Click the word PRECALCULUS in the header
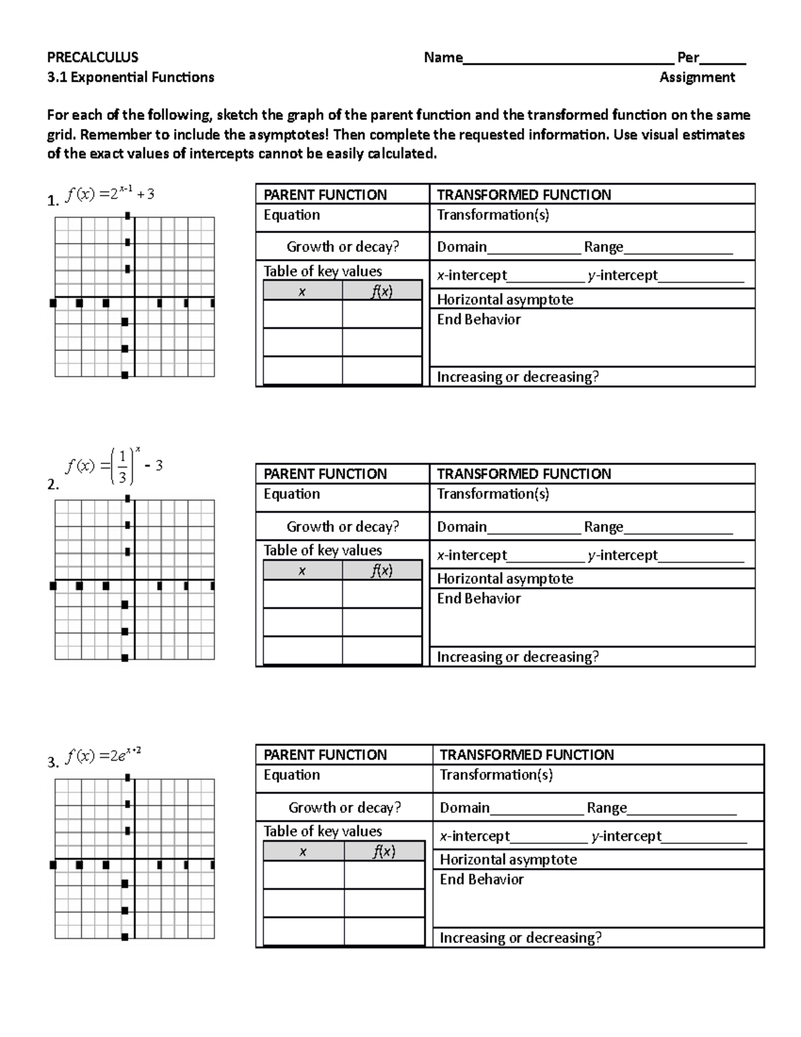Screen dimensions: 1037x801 93,57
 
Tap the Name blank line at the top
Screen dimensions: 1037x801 567,60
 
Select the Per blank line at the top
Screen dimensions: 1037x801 722,60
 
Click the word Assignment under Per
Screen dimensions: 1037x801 697,77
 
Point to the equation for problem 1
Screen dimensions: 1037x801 110,194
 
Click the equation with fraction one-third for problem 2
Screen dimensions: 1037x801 113,466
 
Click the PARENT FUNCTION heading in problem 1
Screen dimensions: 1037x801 325,195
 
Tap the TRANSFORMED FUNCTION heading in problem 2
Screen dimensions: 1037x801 524,474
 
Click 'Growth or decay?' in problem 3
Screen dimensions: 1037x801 344,807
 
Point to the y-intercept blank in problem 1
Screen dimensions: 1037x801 701,278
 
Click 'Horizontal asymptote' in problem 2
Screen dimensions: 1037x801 505,579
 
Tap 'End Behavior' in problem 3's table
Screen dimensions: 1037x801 481,879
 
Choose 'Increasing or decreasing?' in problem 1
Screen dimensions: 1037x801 517,377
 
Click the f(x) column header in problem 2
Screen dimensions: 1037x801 382,570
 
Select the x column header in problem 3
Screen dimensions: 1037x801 303,851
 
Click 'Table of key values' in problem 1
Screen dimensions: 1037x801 322,271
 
